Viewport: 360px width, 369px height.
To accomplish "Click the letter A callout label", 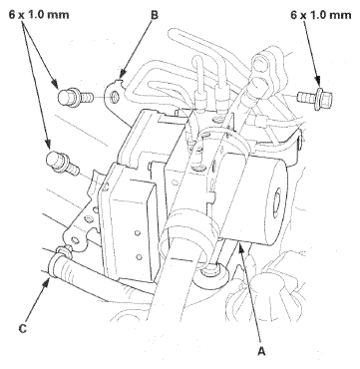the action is [x=261, y=350].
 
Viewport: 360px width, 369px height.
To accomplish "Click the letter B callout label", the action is [x=155, y=15].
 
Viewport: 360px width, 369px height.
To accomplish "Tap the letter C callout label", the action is [x=23, y=329].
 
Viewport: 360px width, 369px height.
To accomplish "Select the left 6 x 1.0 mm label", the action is [x=39, y=15].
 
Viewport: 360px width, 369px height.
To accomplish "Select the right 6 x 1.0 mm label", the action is [x=321, y=15].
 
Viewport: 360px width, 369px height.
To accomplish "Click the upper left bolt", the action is [x=76, y=97].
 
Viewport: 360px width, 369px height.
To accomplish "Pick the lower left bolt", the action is [x=64, y=163].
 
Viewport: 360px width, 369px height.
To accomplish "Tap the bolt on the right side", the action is [x=315, y=98].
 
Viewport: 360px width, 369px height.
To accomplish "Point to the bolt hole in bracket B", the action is [x=114, y=98].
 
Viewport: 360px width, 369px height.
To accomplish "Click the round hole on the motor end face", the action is [x=276, y=203].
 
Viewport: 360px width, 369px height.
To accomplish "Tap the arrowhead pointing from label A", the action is [x=241, y=247].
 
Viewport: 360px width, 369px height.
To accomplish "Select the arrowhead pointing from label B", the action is [x=122, y=76].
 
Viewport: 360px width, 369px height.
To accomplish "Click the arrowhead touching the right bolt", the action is [x=317, y=83].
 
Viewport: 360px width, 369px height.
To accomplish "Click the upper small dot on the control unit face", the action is [x=137, y=233].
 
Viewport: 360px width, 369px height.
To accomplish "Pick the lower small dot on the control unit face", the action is [x=140, y=256].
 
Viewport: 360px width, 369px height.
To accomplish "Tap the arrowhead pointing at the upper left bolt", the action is [x=55, y=83].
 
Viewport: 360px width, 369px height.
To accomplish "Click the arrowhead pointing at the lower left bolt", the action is [x=48, y=143].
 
